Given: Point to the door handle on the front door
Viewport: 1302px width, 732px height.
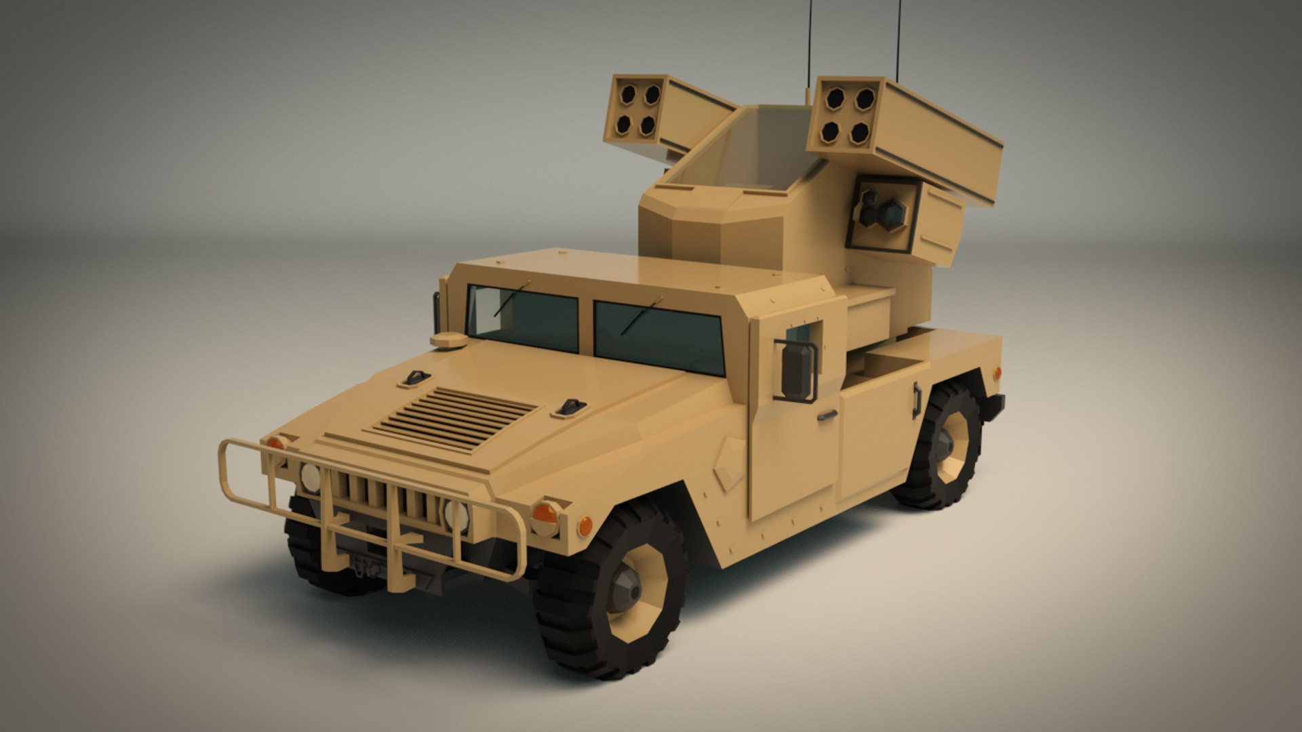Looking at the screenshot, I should [x=826, y=415].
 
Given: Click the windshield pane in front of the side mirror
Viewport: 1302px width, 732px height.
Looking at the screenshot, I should [x=659, y=337].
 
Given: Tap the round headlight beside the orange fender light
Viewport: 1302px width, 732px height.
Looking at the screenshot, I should [x=456, y=514].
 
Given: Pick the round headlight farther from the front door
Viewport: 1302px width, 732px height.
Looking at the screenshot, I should [x=311, y=477].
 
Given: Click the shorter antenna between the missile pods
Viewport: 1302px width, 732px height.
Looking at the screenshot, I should [x=808, y=51].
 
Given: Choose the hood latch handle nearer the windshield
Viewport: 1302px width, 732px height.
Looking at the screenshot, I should [x=414, y=378].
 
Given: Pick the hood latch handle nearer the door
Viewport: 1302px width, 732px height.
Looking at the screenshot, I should [x=570, y=407].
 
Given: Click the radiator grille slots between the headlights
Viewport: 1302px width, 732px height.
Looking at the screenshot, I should [x=387, y=498].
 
